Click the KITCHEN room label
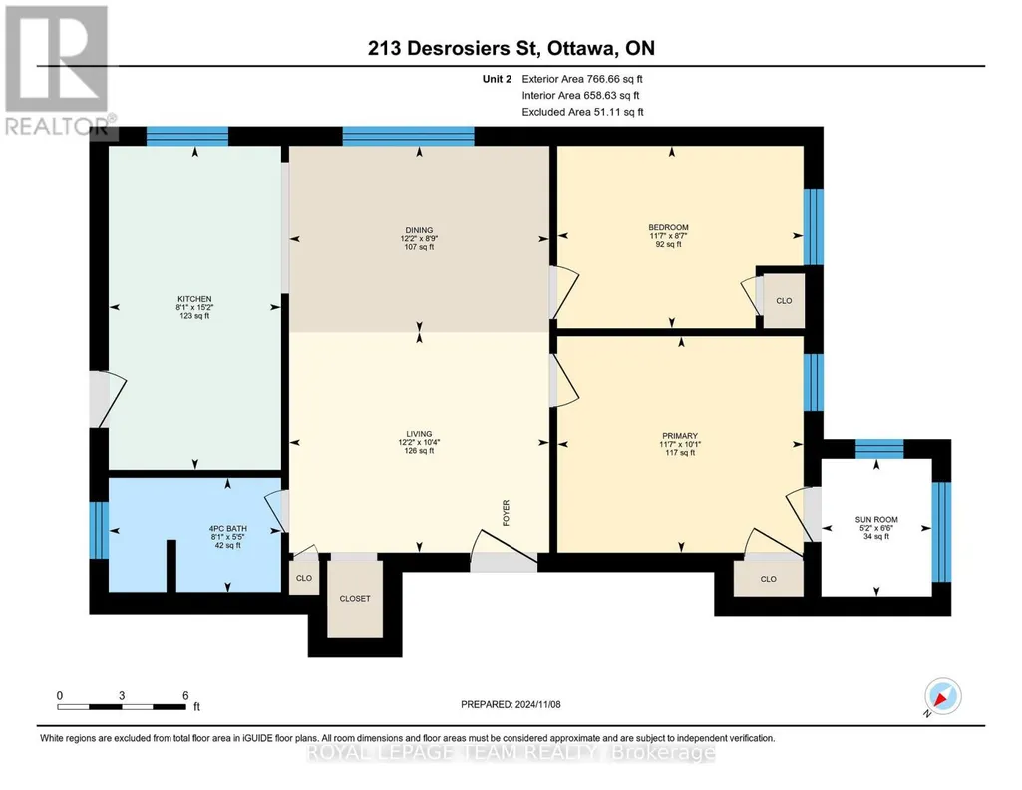(x=194, y=299)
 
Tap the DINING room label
(x=419, y=230)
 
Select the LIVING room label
(x=419, y=434)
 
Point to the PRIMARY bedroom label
(x=680, y=436)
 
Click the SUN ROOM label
(x=876, y=520)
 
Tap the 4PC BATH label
(x=228, y=528)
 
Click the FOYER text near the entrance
(x=506, y=513)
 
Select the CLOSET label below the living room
(x=355, y=599)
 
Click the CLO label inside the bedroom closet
(x=784, y=301)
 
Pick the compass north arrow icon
(x=942, y=696)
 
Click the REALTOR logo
(x=57, y=70)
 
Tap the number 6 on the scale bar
(x=185, y=695)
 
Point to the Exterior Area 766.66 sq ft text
(x=582, y=79)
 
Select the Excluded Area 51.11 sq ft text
(x=582, y=112)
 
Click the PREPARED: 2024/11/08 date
(x=511, y=704)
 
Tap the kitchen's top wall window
(x=187, y=136)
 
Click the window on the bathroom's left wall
(x=99, y=530)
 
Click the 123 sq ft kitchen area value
(x=194, y=316)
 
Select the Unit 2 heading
(x=497, y=79)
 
